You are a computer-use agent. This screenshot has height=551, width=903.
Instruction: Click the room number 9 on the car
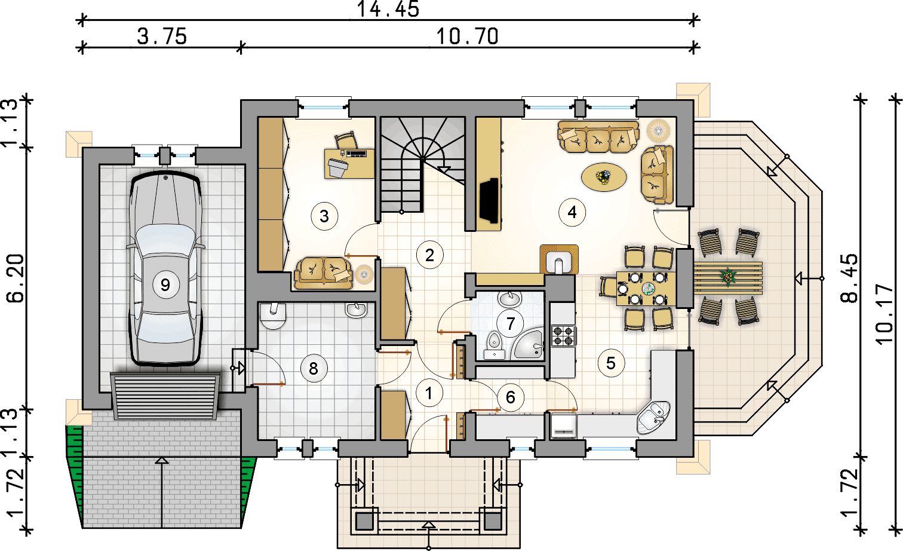point(165,285)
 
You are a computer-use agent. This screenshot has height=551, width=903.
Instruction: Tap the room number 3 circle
point(324,216)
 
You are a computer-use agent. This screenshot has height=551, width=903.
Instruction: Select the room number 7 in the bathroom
point(511,323)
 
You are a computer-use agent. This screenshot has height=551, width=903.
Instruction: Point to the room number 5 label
point(611,363)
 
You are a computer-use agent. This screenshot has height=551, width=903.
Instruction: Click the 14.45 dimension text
point(388,10)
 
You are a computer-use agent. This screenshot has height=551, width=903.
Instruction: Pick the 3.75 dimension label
point(162,36)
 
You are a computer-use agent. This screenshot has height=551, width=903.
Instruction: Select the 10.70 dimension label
point(468,36)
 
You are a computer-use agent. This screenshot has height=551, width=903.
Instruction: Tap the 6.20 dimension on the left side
point(16,278)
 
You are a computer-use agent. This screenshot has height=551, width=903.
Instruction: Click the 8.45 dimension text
point(849,278)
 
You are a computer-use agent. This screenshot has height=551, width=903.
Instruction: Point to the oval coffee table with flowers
point(604,177)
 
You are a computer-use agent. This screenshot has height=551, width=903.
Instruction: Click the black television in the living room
point(489,200)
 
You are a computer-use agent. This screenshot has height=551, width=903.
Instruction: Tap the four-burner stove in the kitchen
point(564,336)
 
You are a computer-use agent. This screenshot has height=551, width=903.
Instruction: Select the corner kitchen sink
point(654,418)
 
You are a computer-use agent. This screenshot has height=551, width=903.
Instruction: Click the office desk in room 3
point(349,163)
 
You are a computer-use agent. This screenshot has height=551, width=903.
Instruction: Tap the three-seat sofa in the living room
point(598,137)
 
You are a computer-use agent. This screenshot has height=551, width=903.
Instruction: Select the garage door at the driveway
point(165,397)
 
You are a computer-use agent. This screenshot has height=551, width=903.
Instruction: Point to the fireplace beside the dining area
point(559,259)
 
